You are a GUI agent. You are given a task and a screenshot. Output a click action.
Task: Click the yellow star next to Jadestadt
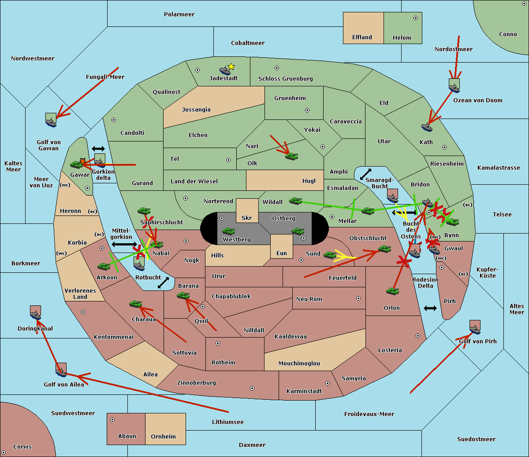point(231,67)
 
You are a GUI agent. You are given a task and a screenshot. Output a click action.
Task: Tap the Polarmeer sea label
point(179,15)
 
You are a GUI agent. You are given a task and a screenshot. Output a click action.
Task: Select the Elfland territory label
point(362,37)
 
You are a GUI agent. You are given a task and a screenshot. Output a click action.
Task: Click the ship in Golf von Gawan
point(51,120)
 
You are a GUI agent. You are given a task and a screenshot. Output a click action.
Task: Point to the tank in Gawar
point(77,165)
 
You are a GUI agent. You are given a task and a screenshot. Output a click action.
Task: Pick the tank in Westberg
point(228,231)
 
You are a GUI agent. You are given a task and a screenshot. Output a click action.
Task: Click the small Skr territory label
point(247,218)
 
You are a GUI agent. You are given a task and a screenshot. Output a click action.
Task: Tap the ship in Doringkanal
point(36,312)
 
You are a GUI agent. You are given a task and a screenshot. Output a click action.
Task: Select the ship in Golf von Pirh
point(475,327)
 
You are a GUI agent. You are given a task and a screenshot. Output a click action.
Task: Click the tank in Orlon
point(392,291)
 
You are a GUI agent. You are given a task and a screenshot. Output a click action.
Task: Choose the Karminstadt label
point(304,391)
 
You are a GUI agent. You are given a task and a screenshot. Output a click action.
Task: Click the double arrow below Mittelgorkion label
point(124,244)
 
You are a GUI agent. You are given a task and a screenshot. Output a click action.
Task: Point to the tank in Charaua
point(135,304)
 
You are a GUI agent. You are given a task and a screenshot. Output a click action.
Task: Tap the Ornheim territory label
point(163,437)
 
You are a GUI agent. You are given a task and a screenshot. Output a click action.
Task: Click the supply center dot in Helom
point(415,18)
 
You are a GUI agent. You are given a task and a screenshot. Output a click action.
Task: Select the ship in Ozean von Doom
point(454,85)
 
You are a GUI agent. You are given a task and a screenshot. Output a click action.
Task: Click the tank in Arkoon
point(104,267)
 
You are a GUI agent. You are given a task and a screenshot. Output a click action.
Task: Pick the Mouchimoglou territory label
point(299,364)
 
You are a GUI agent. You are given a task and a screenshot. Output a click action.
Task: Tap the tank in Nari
point(291,156)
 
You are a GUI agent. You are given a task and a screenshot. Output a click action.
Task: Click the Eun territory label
point(282,253)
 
